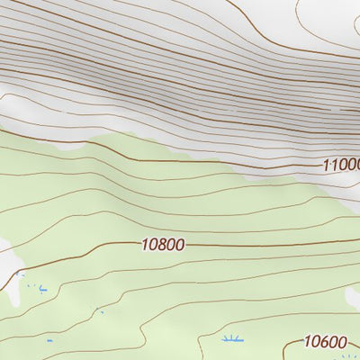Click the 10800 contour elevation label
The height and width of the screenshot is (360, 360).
pyautogui.click(x=163, y=244)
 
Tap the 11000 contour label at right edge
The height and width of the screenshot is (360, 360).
pyautogui.click(x=341, y=165)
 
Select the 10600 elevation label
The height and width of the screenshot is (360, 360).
pyautogui.click(x=325, y=341)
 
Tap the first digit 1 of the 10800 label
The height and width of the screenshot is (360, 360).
pyautogui.click(x=145, y=244)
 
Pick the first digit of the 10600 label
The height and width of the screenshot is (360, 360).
pyautogui.click(x=307, y=341)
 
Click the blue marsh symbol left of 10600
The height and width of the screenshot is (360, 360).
pyautogui.click(x=232, y=339)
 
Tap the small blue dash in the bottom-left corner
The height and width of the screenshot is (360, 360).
pyautogui.click(x=49, y=341)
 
